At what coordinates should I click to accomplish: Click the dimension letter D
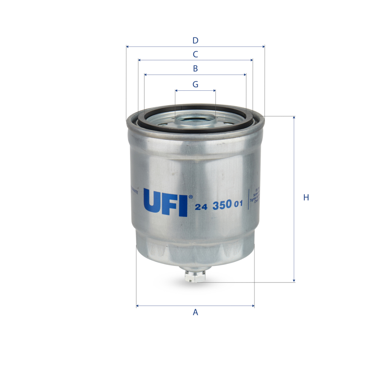[195, 41]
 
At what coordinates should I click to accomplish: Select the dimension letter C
[195, 55]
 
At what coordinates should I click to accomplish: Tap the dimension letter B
[195, 69]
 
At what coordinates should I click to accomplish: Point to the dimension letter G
[195, 84]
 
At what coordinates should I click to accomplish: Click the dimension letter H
[306, 198]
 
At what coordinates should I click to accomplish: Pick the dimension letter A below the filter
[195, 312]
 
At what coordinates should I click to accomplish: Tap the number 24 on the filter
[201, 206]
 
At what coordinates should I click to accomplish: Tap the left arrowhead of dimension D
[127, 46]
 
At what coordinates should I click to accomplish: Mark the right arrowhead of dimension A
[253, 306]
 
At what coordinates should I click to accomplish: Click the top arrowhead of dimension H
[294, 118]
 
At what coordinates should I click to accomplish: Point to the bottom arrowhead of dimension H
[294, 280]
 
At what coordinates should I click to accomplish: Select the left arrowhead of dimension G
[176, 90]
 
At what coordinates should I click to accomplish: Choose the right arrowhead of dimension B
[245, 75]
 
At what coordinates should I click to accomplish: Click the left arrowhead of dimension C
[140, 60]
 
